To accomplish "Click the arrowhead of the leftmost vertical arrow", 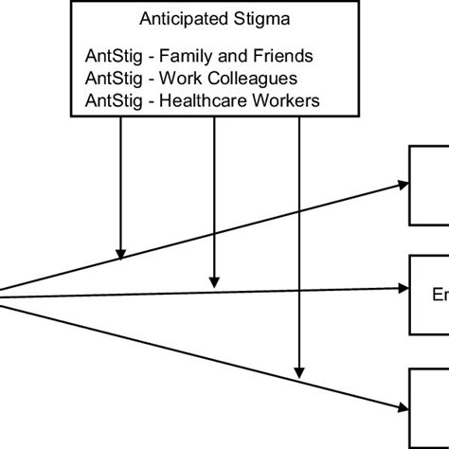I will point(121,253).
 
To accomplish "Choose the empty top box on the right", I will point(428,186).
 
